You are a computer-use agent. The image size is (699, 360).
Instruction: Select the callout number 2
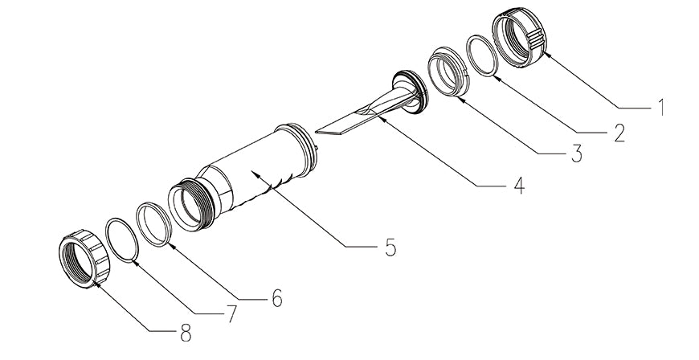tap(619, 133)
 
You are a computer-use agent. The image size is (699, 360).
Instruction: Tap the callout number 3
tap(576, 153)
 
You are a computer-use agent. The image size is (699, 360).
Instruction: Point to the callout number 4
tap(518, 185)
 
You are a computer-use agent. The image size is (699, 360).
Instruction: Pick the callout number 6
tap(277, 297)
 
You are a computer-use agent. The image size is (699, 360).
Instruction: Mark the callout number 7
tap(231, 314)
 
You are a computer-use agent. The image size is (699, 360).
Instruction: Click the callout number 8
tap(186, 333)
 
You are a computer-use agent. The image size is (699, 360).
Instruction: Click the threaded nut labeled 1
tap(518, 38)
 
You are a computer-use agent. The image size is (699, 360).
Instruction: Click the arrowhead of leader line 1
tap(546, 55)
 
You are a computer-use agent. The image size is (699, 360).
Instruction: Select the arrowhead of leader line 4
tap(380, 119)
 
